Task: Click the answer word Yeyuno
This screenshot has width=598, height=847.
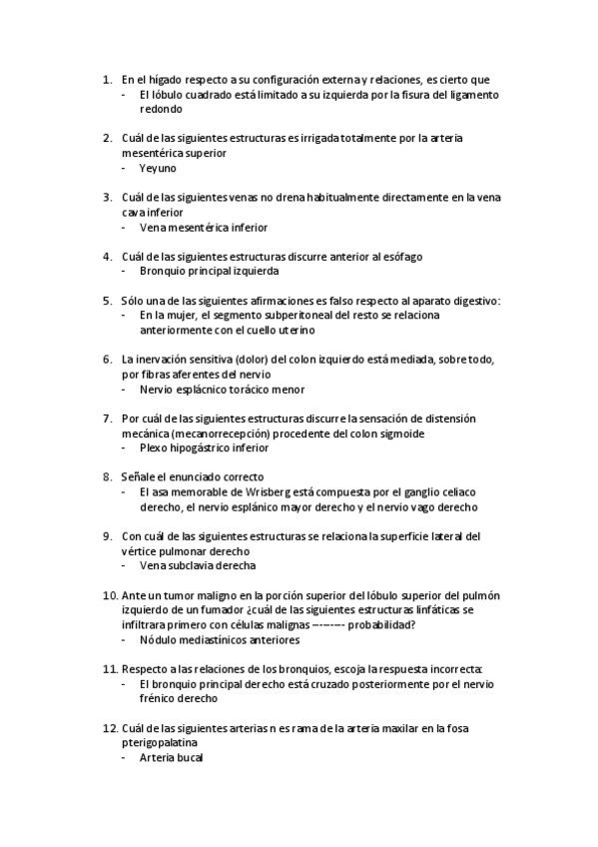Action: [x=158, y=168]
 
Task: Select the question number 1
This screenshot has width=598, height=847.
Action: [x=107, y=79]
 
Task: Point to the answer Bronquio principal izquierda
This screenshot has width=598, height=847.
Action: [x=209, y=271]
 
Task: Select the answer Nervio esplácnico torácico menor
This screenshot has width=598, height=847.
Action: [x=222, y=389]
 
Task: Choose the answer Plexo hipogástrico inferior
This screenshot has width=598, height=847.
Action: [x=204, y=447]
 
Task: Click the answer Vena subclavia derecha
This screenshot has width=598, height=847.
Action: [x=197, y=565]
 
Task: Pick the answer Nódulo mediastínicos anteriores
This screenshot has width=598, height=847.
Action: [x=219, y=639]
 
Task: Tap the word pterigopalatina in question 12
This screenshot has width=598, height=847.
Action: [x=159, y=744]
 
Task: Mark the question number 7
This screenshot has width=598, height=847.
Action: [x=107, y=419]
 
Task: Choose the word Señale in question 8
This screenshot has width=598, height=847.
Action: [x=138, y=477]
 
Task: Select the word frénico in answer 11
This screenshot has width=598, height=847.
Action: [x=161, y=699]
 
